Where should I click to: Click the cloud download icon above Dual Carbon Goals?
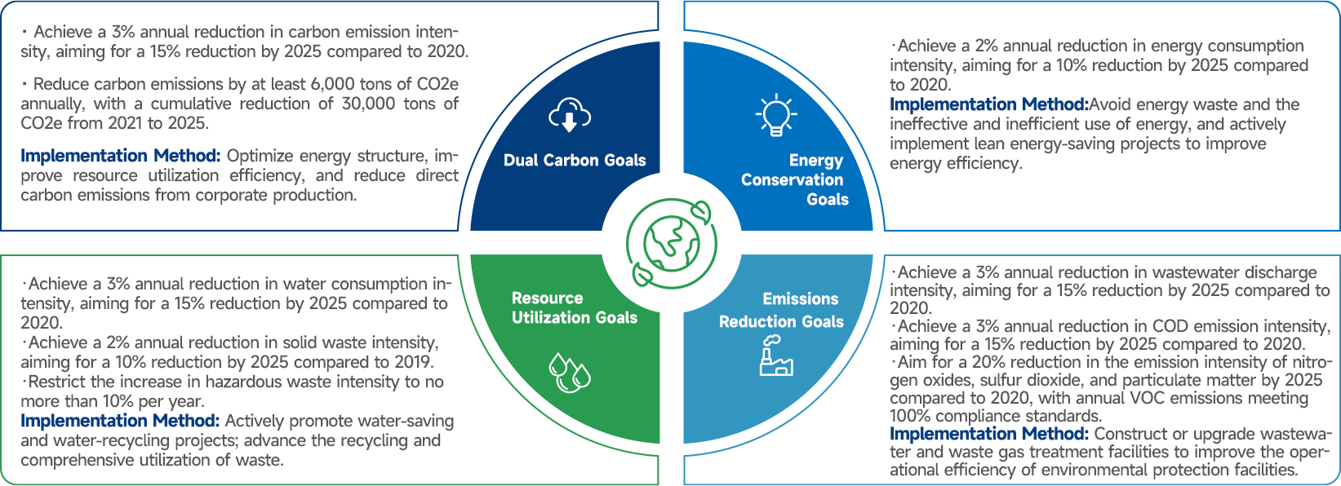click(570, 115)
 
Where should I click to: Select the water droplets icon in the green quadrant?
click(569, 373)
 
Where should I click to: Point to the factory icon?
click(775, 356)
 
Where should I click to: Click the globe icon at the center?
click(671, 243)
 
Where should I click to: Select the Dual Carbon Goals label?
click(575, 161)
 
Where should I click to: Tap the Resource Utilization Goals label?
click(574, 308)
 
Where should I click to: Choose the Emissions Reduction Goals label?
click(781, 311)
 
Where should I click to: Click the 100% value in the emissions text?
click(910, 416)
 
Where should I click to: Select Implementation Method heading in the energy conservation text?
click(988, 104)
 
